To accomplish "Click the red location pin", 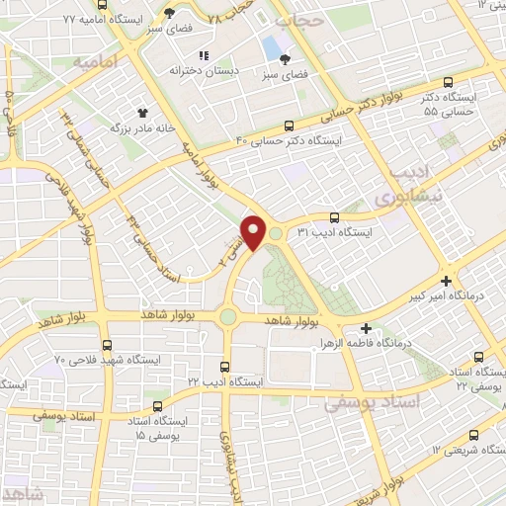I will (254, 232).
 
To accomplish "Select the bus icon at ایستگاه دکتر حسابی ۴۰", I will (289, 126).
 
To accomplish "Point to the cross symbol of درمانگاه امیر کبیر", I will (449, 281).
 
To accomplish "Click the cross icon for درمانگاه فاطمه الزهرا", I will (367, 328).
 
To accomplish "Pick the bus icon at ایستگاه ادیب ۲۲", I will (225, 366).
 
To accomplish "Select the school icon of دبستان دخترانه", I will (205, 56).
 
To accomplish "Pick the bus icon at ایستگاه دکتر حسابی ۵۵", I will (448, 84).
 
